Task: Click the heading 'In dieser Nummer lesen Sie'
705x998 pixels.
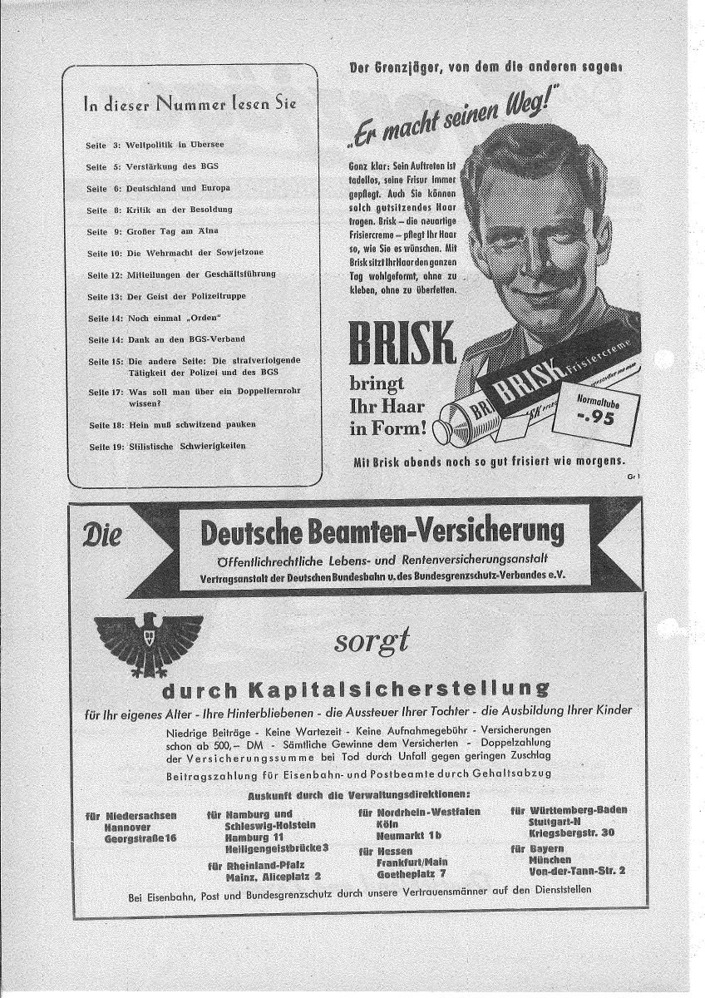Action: tap(190, 104)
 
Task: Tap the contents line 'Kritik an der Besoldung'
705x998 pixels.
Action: tap(179, 209)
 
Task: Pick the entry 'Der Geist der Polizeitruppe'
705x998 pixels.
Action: tap(186, 295)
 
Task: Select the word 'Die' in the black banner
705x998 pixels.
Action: tap(101, 533)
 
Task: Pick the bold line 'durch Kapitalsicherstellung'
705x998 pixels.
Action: tap(355, 689)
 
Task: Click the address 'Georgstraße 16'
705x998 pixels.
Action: tap(141, 838)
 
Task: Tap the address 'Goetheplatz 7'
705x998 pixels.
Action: tap(411, 874)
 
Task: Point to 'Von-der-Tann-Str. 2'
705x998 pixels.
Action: tap(577, 870)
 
